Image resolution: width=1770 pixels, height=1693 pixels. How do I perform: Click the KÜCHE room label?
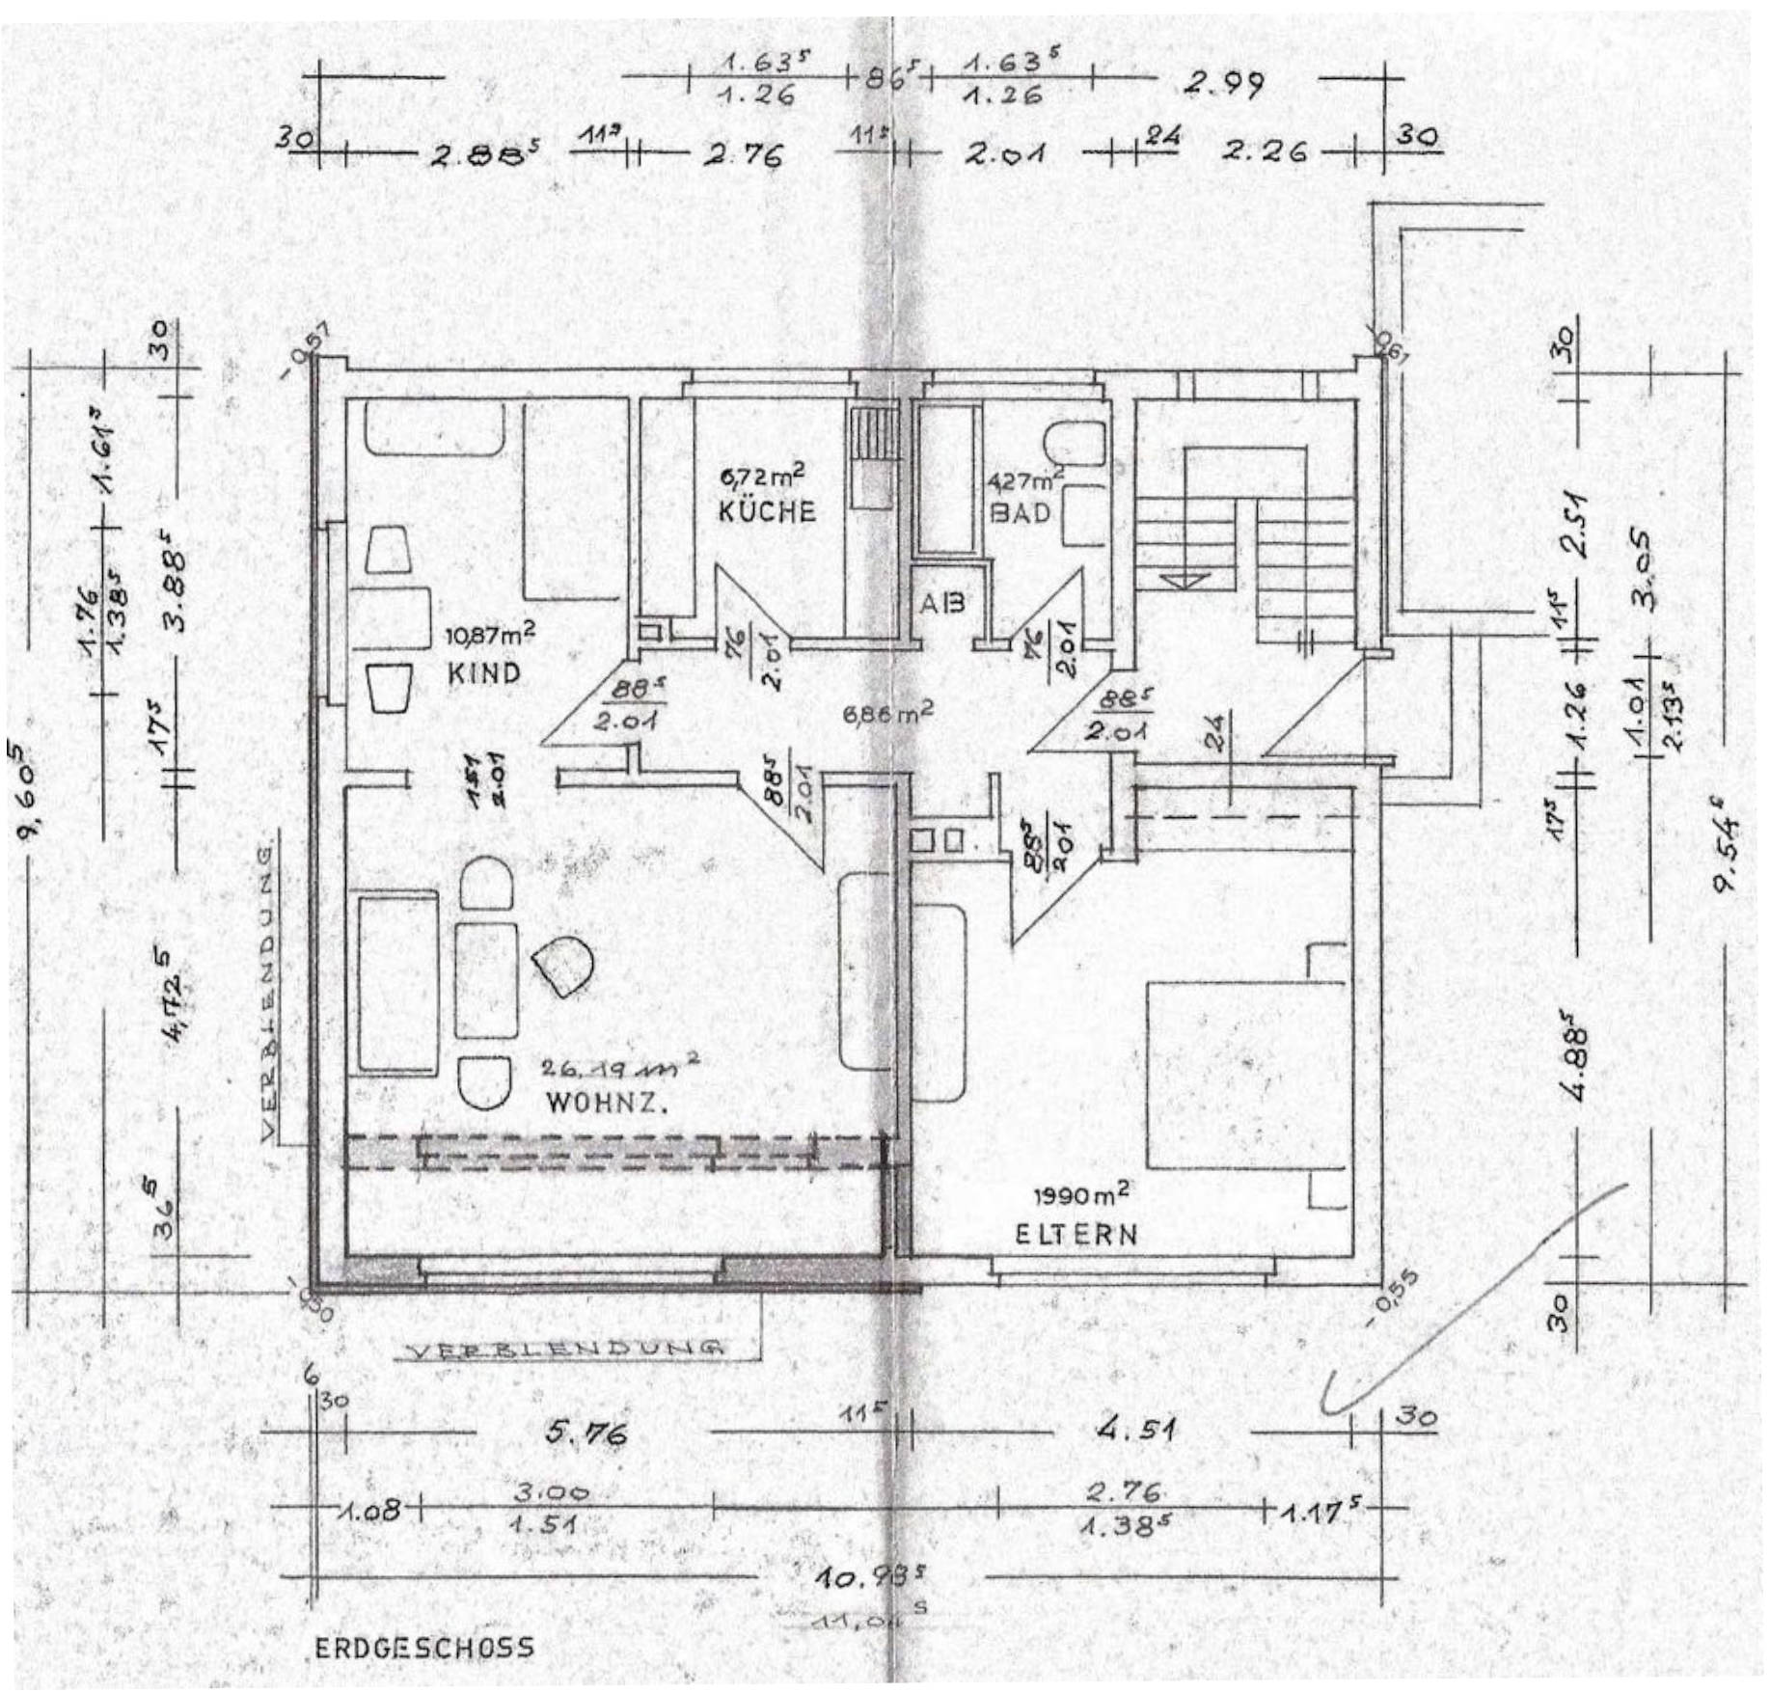point(766,511)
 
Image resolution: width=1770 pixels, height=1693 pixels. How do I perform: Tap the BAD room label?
point(1021,512)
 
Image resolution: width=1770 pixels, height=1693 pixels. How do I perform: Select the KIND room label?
point(484,673)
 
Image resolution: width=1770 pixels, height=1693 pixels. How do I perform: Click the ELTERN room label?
point(1076,1234)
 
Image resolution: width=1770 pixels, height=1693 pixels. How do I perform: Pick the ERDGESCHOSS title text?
point(424,1648)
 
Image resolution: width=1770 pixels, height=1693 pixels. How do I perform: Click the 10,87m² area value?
point(490,635)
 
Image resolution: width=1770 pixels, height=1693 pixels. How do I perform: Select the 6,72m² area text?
point(762,476)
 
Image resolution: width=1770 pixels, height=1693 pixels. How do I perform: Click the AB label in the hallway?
point(941,604)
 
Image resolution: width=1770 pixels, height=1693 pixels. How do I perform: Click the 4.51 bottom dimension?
point(1136,1429)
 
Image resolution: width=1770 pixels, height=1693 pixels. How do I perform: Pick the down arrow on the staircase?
point(1185,582)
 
